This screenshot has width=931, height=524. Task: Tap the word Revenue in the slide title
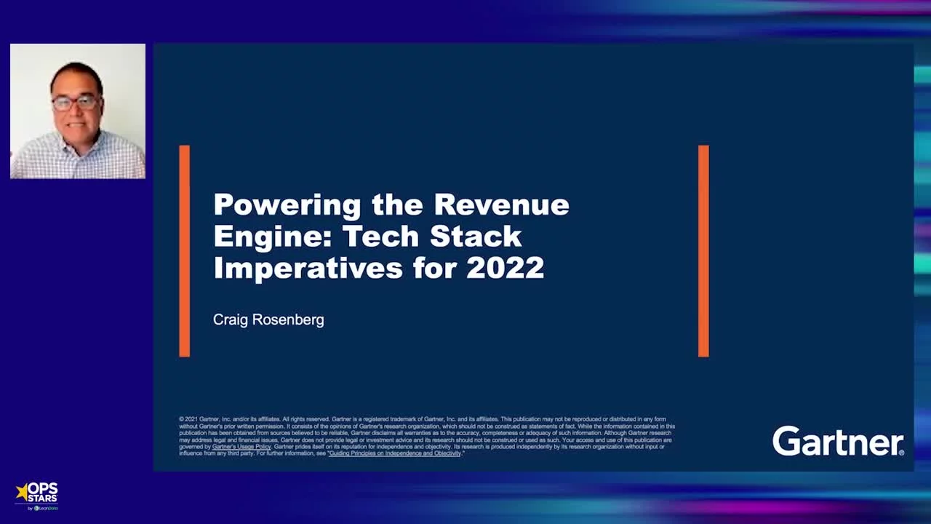tap(501, 205)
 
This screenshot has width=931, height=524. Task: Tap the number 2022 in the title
tap(505, 268)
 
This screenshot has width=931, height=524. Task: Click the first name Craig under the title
tap(231, 319)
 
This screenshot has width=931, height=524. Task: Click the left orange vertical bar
tap(185, 251)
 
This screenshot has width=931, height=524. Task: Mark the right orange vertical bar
tap(703, 251)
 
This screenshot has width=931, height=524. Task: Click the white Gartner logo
tap(838, 441)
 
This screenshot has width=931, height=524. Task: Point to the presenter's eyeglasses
tap(75, 103)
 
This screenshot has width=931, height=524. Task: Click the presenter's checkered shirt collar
tap(77, 138)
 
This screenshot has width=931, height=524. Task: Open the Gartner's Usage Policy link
tap(241, 447)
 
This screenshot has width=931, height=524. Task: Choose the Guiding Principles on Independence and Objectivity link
tap(395, 453)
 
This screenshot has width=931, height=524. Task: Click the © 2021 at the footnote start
tap(188, 419)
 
